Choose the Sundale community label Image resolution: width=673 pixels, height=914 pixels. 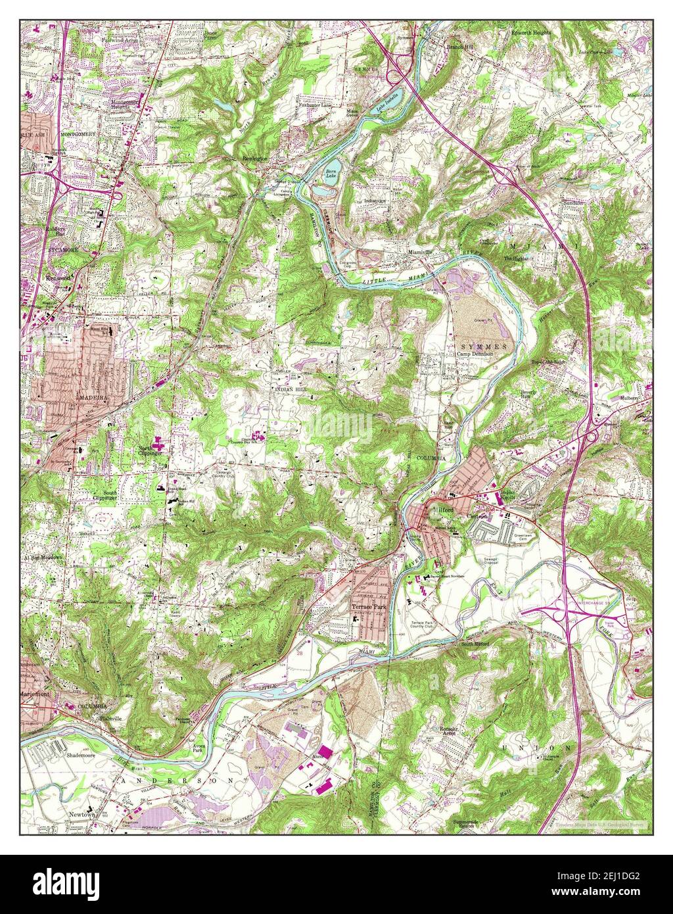573,204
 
